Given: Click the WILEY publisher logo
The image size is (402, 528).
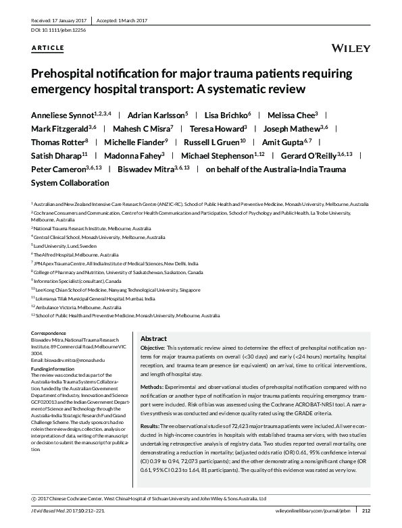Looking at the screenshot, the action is pos(351,48).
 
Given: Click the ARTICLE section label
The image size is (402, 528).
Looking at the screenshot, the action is pos(48,47).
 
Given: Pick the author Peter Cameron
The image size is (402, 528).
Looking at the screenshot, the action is pos(58,169).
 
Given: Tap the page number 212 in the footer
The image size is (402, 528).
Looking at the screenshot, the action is pos(366,519).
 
